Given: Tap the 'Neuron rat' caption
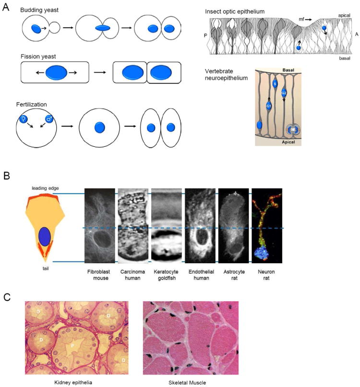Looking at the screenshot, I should pyautogui.click(x=268, y=275).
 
